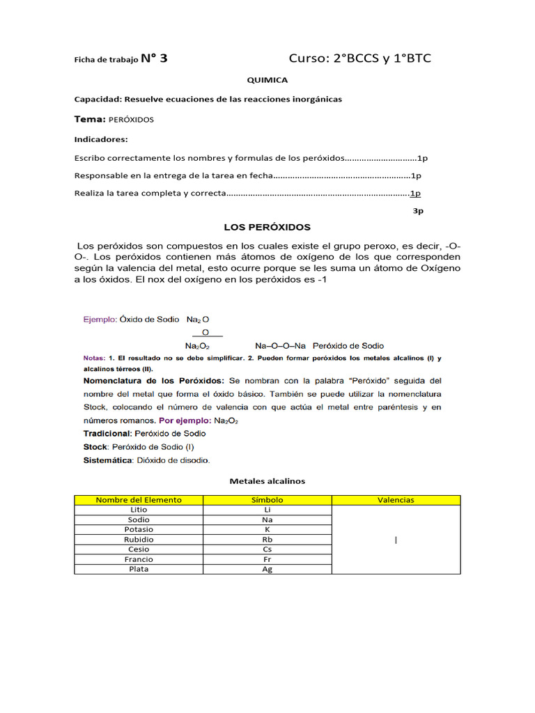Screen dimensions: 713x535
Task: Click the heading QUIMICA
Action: (267, 80)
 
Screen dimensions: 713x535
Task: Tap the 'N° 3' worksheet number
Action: (153, 58)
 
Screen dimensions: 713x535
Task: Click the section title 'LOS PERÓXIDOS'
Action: (267, 227)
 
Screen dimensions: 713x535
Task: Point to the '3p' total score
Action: (418, 211)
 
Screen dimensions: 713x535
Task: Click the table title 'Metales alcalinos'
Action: (267, 481)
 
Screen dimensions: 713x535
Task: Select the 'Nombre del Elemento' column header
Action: (139, 500)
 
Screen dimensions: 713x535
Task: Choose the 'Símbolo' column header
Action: (267, 500)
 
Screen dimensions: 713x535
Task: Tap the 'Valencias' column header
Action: (396, 500)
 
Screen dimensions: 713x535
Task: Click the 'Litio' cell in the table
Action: (139, 510)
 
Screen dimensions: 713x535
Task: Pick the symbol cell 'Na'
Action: (267, 519)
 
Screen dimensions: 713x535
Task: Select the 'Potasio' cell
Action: (139, 529)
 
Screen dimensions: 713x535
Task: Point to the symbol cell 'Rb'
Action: (267, 540)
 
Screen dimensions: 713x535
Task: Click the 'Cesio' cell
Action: (139, 549)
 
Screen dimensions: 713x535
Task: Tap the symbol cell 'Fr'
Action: (267, 559)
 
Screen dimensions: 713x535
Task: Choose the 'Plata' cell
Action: (139, 569)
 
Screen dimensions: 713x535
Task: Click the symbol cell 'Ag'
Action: (267, 569)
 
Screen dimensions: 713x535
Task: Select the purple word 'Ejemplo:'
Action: (100, 319)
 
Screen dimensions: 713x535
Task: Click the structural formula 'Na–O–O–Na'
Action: (280, 345)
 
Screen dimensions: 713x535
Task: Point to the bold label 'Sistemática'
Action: (107, 460)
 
